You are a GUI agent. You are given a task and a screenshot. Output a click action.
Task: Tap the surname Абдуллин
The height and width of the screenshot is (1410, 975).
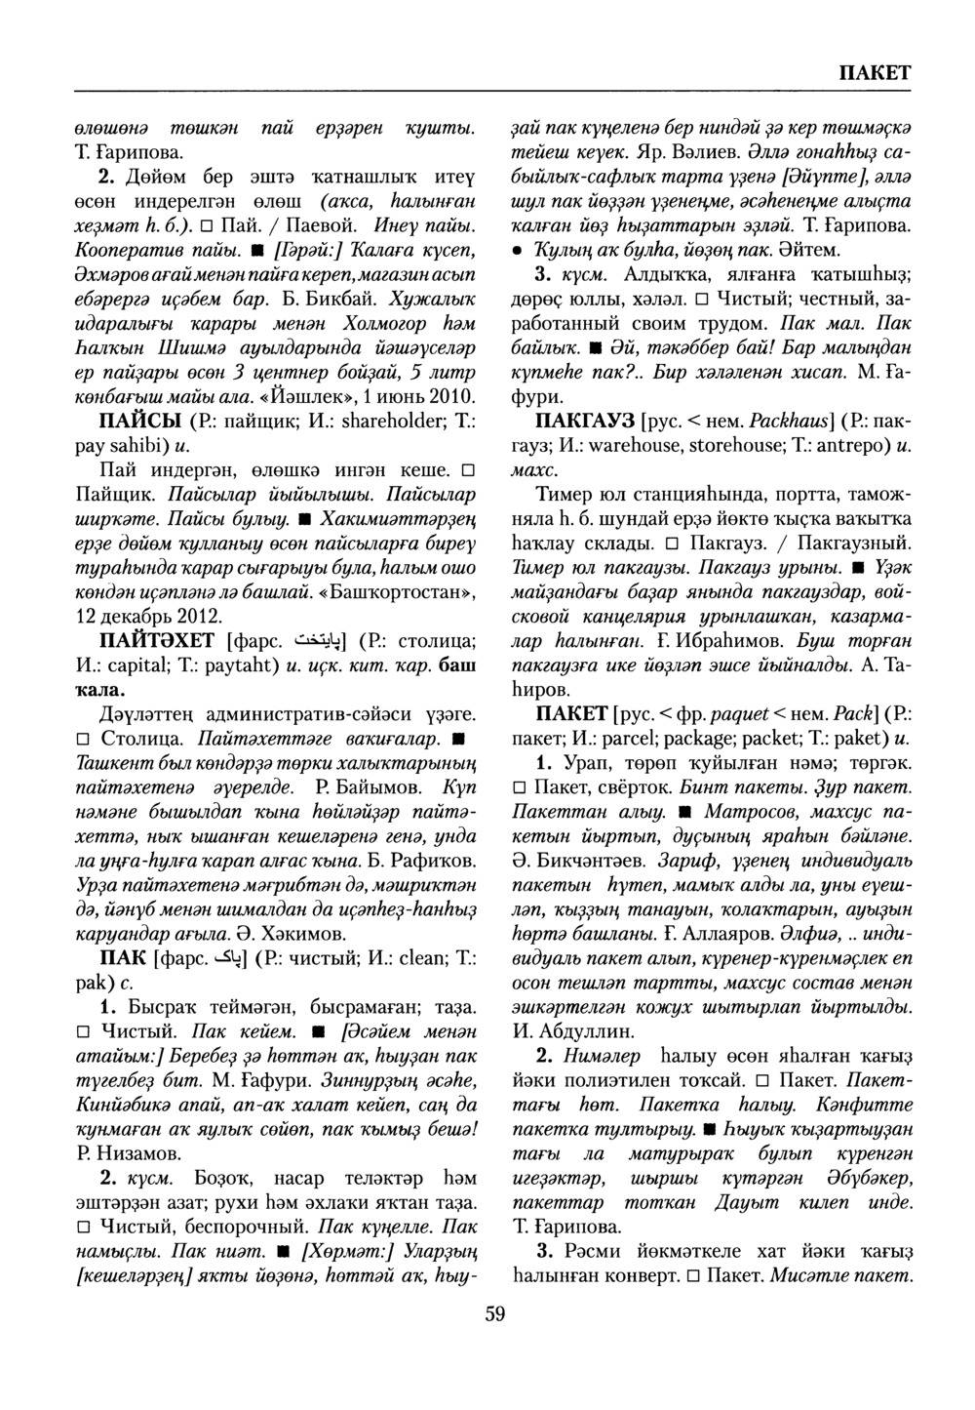586,1029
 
